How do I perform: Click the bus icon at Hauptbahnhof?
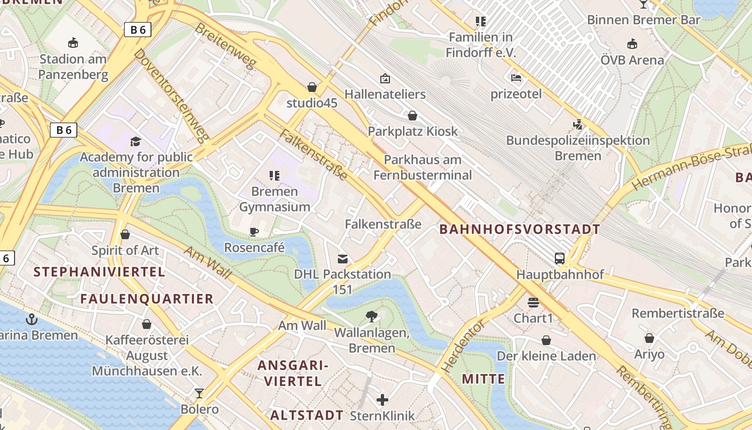(x=560, y=259)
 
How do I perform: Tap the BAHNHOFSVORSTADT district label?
(x=519, y=230)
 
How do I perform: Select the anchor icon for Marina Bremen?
(x=32, y=319)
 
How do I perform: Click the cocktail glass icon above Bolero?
(x=199, y=393)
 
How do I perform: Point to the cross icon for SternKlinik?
(x=382, y=399)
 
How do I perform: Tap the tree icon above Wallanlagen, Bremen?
(x=371, y=317)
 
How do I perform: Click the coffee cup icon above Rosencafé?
(x=254, y=232)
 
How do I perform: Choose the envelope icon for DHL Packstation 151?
(x=342, y=259)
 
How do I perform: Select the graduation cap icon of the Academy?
(x=135, y=141)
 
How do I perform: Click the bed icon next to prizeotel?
(x=516, y=78)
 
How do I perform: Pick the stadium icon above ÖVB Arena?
(x=632, y=44)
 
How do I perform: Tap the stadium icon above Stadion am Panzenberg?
(x=73, y=42)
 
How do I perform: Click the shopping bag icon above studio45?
(x=312, y=87)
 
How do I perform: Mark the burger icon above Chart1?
(x=533, y=303)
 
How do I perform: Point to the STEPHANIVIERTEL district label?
(x=99, y=272)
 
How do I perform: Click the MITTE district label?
(x=483, y=379)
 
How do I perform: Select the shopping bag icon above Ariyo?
(x=649, y=338)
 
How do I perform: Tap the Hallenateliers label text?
(x=385, y=95)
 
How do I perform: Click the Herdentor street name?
(x=463, y=347)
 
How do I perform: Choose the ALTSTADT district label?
(x=306, y=415)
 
